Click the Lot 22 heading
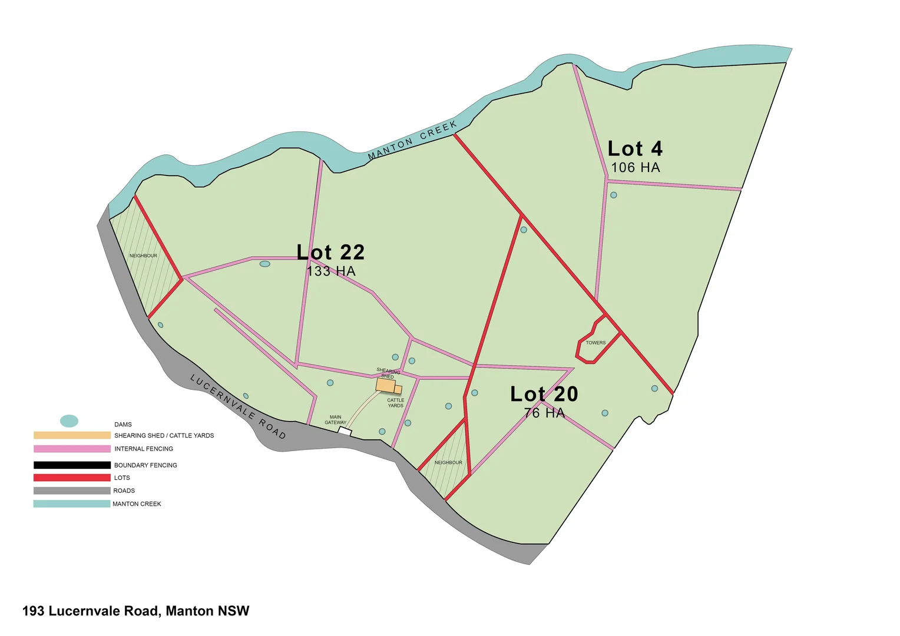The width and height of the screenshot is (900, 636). tap(330, 252)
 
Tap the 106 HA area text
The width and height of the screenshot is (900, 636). tap(635, 168)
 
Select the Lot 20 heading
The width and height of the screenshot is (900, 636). tap(544, 394)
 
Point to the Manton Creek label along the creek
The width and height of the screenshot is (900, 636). tap(412, 140)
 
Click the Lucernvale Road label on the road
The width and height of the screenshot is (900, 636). tap(238, 406)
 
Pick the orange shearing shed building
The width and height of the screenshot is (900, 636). tap(386, 385)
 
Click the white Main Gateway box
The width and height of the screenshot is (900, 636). tap(345, 432)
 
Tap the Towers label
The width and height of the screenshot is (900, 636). tap(595, 343)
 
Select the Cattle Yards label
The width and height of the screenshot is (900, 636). tap(396, 403)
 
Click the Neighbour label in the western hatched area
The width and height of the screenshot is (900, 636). tap(143, 256)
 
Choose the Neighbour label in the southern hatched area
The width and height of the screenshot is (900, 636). tap(448, 462)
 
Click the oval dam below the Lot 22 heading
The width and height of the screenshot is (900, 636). tap(265, 264)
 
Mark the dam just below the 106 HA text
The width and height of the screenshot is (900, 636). tap(614, 195)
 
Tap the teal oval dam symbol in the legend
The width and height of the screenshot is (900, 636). tap(69, 421)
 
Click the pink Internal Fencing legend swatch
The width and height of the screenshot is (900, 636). tap(72, 449)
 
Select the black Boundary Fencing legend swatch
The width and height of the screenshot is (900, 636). tap(72, 465)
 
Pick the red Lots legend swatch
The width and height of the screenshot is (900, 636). tap(72, 478)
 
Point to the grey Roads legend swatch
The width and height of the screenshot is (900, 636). tap(72, 491)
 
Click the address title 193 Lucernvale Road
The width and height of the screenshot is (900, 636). tap(135, 611)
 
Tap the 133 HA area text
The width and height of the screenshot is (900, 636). tap(331, 271)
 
